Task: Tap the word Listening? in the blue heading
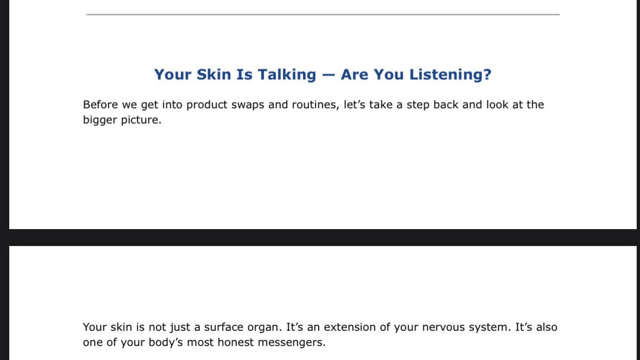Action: pos(450,74)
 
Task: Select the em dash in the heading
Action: pos(328,75)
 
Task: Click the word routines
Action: pos(315,105)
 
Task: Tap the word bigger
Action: pos(100,121)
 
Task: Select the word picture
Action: pos(141,120)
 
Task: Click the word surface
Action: pos(224,327)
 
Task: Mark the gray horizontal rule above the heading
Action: pos(323,14)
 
